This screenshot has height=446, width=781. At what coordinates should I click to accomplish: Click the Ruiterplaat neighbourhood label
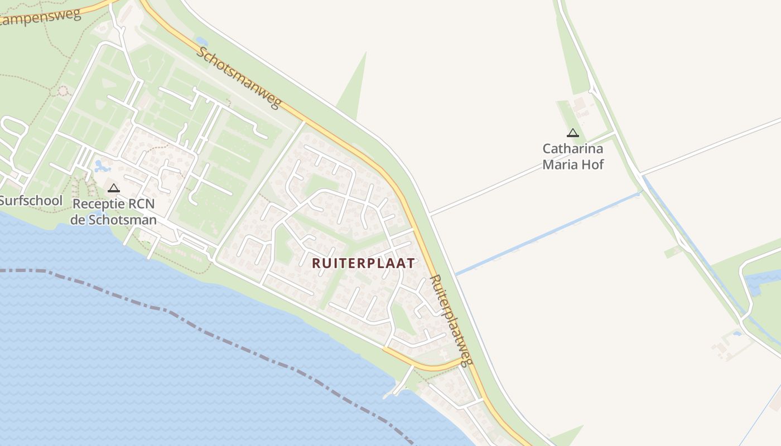pyautogui.click(x=363, y=263)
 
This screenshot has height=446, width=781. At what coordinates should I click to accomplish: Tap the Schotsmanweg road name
pyautogui.click(x=239, y=77)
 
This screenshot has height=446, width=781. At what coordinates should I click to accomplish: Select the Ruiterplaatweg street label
pyautogui.click(x=451, y=320)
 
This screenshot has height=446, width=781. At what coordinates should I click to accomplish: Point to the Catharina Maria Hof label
pyautogui.click(x=573, y=157)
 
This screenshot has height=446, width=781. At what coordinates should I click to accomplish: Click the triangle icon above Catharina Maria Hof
pyautogui.click(x=572, y=133)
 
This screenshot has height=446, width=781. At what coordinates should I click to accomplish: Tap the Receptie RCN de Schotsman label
pyautogui.click(x=113, y=211)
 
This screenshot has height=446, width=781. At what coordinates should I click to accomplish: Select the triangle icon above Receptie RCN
pyautogui.click(x=114, y=188)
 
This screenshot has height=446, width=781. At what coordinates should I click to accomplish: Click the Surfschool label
pyautogui.click(x=31, y=201)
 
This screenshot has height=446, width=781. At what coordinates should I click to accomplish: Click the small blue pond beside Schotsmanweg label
pyautogui.click(x=201, y=42)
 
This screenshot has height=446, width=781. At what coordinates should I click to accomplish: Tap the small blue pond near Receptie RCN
pyautogui.click(x=101, y=166)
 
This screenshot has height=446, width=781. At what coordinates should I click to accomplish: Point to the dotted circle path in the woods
pyautogui.click(x=63, y=90)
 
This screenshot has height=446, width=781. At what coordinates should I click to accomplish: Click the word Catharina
pyautogui.click(x=573, y=149)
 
